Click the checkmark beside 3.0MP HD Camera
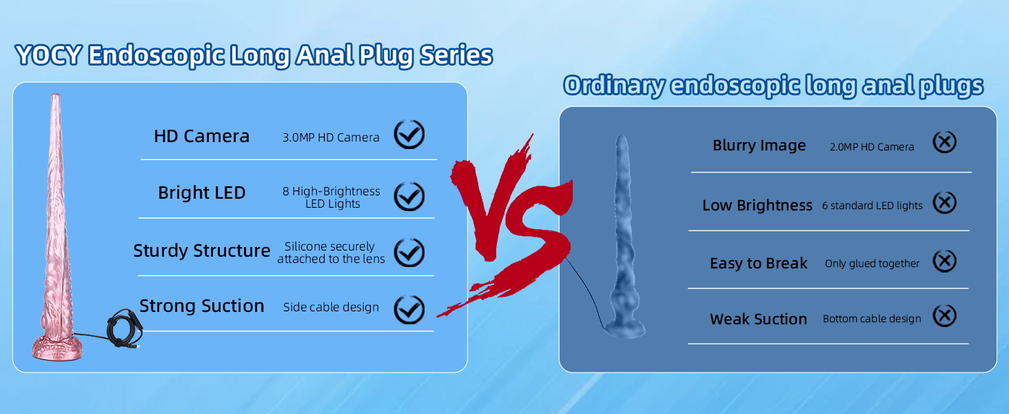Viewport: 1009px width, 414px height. (x=409, y=135)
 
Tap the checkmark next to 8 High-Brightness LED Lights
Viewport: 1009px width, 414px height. (x=409, y=196)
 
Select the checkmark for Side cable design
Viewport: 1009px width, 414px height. (x=409, y=309)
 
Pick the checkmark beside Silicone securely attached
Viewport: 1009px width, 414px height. (x=409, y=252)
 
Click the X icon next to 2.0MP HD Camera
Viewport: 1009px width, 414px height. (x=945, y=142)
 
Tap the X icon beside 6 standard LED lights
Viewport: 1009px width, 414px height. (x=945, y=202)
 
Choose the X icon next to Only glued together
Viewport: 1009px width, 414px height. (x=945, y=261)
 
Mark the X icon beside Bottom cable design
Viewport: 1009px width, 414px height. (x=945, y=316)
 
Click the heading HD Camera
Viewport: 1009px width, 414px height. (x=201, y=136)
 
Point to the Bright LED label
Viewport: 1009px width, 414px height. (x=201, y=193)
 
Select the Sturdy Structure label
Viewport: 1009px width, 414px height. (x=201, y=250)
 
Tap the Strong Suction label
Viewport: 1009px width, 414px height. (x=201, y=306)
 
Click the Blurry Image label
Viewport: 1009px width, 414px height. (x=759, y=146)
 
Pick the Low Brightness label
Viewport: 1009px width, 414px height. (x=757, y=206)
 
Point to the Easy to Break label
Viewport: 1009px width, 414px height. (x=759, y=264)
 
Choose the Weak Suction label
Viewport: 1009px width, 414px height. (x=758, y=319)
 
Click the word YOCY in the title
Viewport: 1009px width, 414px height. (x=49, y=55)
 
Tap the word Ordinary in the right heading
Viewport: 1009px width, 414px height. (x=613, y=86)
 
